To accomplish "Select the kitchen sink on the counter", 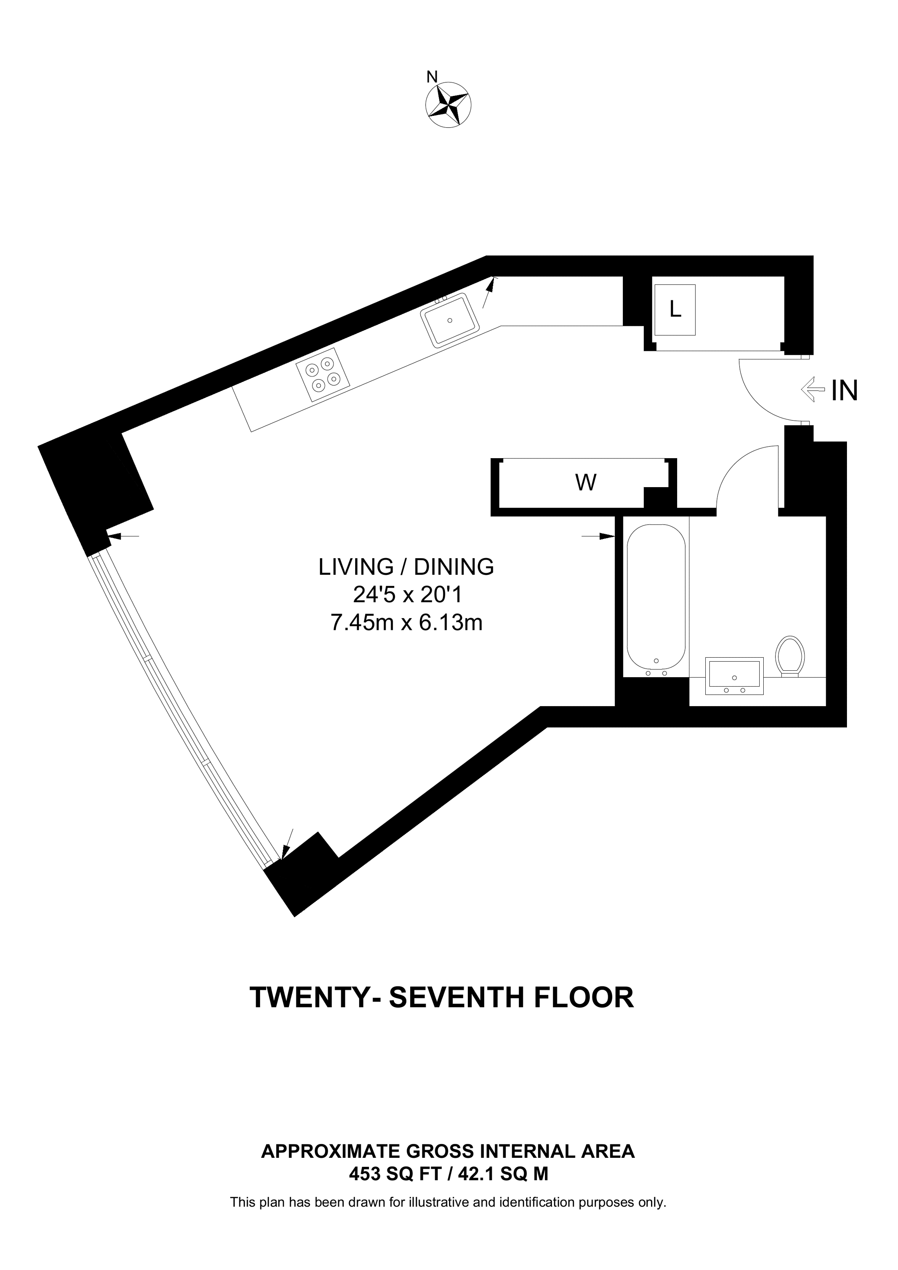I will [x=449, y=320].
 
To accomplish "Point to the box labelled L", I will [x=674, y=310].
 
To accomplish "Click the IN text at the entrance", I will [x=845, y=391].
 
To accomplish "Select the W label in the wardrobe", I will [x=585, y=483].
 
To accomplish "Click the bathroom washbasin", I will [x=734, y=676].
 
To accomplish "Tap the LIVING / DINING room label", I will [x=406, y=567].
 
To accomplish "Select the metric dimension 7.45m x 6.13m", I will [x=407, y=623].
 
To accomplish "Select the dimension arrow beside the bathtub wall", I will [x=599, y=536].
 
